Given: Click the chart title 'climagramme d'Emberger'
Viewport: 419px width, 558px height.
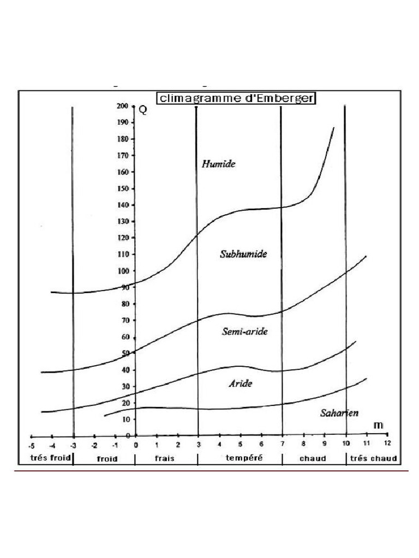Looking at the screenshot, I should point(236,98).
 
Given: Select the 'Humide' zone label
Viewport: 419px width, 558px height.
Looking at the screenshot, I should point(218,163).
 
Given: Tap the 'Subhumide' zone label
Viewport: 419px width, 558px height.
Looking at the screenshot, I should point(243,254).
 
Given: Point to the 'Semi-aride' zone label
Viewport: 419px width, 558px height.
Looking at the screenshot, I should point(245,331).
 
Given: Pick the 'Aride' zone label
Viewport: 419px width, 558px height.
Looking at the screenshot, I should point(240,384).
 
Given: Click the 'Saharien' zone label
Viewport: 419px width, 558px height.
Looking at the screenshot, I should point(339,413).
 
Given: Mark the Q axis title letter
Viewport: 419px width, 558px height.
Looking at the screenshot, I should point(143,110).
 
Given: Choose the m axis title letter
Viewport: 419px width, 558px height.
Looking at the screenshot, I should point(377,424).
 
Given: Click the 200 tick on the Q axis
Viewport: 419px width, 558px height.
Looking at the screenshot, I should point(122,106).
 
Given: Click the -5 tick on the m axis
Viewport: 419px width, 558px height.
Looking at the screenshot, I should point(32,445).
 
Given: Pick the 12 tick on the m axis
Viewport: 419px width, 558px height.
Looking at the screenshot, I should point(387,445).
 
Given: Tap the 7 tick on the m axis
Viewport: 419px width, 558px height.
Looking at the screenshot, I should point(283,445).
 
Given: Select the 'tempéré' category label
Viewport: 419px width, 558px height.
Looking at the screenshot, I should point(244,458).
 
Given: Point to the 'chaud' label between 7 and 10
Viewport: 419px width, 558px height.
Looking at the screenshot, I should point(313,458).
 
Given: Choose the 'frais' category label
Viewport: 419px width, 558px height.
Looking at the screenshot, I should point(164,458).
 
